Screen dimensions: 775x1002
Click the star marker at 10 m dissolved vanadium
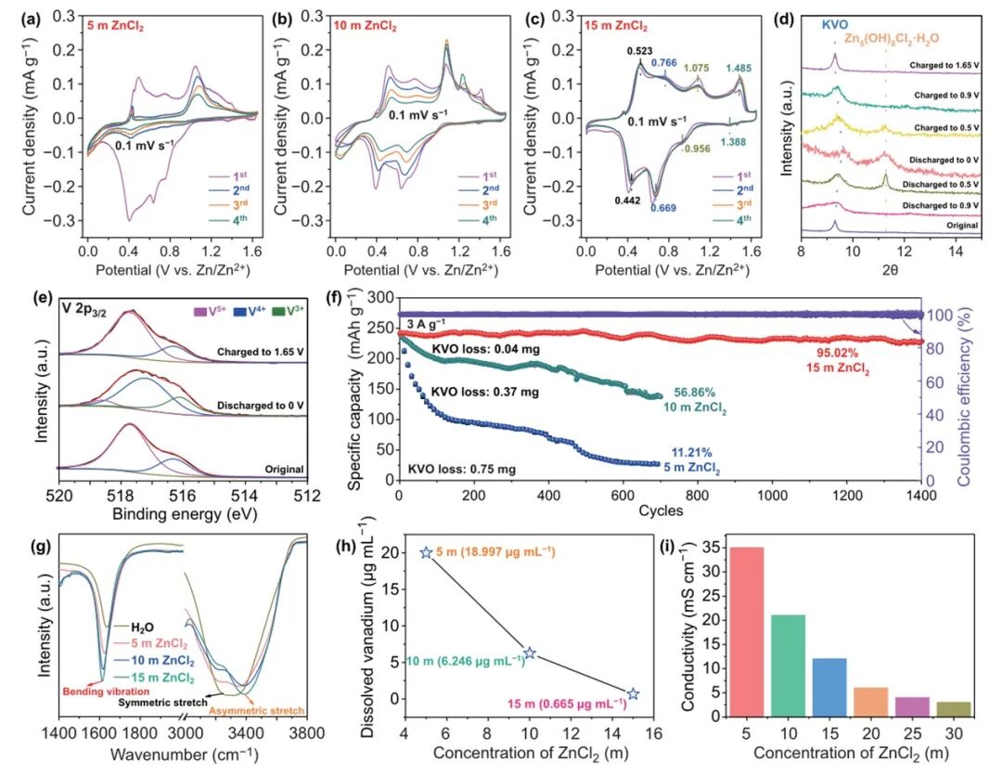point(529,653)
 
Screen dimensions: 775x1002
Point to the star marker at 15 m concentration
point(633,694)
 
